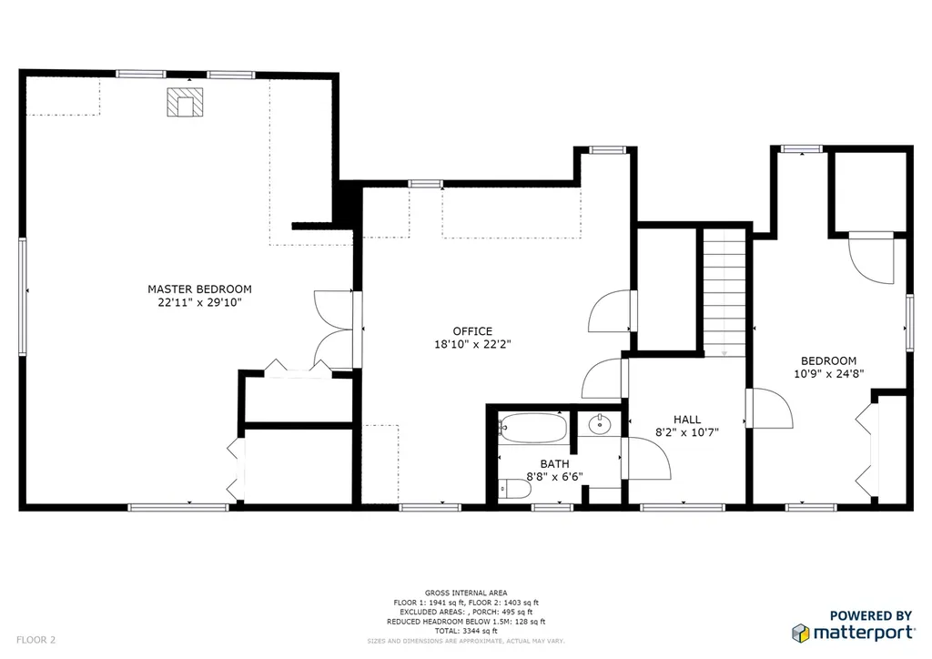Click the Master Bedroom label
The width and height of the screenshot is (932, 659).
pos(199,289)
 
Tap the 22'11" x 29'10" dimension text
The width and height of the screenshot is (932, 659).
pos(199,302)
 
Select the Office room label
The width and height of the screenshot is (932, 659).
pos(472,331)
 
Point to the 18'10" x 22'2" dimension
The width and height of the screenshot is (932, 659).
pos(472,344)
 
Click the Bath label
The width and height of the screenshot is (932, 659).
pos(554,464)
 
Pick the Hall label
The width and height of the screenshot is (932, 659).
pos(687,420)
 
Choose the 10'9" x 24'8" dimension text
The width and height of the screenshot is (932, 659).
pos(828,374)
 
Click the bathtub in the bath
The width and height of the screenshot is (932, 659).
pos(532,428)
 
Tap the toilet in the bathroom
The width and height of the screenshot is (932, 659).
pos(515,489)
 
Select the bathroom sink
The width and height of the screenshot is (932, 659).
pos(599,425)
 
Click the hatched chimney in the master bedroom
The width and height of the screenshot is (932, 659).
pos(185,102)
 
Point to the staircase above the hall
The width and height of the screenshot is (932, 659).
pos(724,293)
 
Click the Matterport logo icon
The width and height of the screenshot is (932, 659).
pos(801,633)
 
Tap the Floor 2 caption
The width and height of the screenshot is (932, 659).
pos(35,640)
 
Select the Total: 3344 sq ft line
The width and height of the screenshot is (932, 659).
pos(466,631)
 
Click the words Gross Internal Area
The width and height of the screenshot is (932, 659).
pos(466,593)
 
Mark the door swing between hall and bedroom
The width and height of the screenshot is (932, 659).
pos(769,409)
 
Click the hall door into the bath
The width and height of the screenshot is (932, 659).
pos(646,458)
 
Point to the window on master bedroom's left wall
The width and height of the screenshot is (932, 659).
pos(23,296)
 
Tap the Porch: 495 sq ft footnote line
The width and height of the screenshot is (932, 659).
pos(466,612)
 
